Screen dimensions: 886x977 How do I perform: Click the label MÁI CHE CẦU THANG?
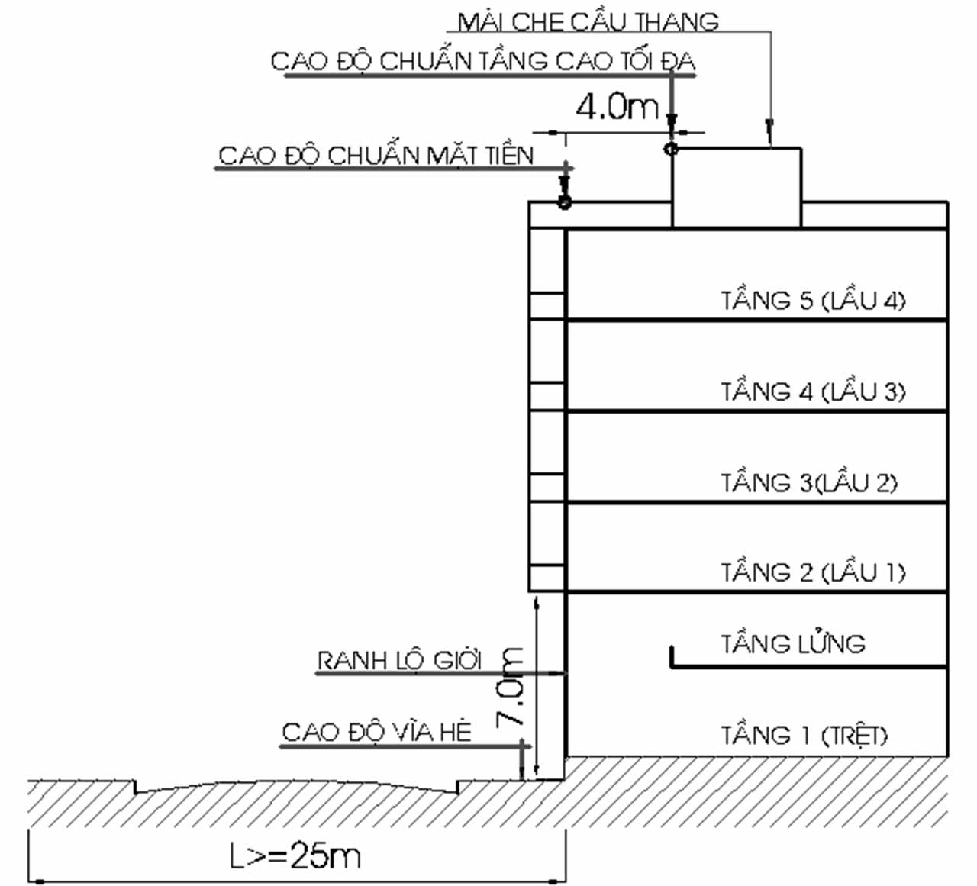pos(588,21)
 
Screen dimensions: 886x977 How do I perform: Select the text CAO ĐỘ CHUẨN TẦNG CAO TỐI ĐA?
pos(483,61)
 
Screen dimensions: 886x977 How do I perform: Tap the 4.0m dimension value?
pos(617,107)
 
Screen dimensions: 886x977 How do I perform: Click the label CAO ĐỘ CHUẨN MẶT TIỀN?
pos(376,156)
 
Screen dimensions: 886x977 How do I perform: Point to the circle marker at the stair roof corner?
pos(671,149)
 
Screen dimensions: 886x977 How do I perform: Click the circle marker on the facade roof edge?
pos(564,202)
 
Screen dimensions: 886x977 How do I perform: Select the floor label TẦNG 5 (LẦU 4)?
pos(812,300)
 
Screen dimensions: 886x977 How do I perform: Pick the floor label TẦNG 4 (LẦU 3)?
pos(812,391)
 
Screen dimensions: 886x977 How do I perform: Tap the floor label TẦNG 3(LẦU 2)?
pos(809,482)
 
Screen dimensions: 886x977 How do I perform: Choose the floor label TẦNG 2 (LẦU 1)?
pos(812,572)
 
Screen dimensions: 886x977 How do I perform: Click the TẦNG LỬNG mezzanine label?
pos(792,643)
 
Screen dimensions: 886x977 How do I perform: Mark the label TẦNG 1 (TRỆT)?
pos(804,736)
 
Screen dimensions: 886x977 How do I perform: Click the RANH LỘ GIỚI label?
pos(399,660)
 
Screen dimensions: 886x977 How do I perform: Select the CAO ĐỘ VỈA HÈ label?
pos(377,732)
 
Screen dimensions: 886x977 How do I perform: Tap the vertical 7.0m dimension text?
pos(511,687)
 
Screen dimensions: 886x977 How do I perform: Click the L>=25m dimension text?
pos(295,856)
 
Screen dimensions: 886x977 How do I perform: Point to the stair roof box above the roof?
pos(736,187)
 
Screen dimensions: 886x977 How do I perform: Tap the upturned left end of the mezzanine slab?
pos(672,656)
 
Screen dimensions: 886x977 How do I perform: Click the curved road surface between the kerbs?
pos(298,784)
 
